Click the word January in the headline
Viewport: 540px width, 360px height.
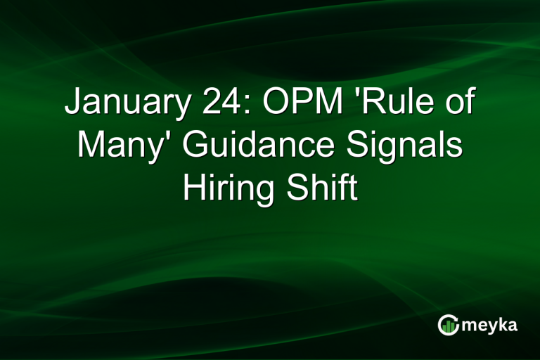tap(121, 103)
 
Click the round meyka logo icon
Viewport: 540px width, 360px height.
tap(448, 324)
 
